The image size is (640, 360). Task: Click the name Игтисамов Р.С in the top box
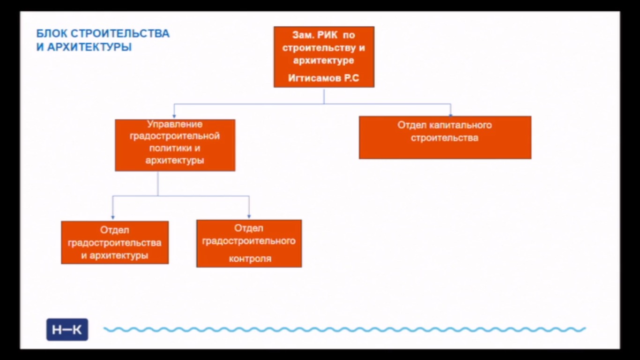[x=323, y=78]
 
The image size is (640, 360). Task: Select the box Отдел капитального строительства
[x=445, y=137]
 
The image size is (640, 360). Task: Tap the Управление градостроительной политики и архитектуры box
[x=175, y=145]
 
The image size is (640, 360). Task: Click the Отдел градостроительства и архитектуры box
[x=115, y=242]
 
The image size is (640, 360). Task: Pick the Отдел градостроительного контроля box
[x=249, y=244]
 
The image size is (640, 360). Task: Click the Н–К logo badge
[x=67, y=330]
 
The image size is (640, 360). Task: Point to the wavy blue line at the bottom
[x=344, y=330]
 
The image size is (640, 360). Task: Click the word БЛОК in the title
[x=52, y=34]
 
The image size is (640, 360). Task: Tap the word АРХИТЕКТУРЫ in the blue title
[x=89, y=47]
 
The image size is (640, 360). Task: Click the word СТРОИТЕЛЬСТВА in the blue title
[x=120, y=34]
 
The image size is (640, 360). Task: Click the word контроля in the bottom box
[x=250, y=259]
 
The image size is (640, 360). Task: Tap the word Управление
[x=175, y=124]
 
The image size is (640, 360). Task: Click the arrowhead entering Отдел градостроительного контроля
[x=249, y=217]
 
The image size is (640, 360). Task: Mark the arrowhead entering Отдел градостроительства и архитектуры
[x=113, y=217]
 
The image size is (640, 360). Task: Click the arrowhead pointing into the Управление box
[x=174, y=116]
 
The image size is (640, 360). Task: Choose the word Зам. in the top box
[x=304, y=35]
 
